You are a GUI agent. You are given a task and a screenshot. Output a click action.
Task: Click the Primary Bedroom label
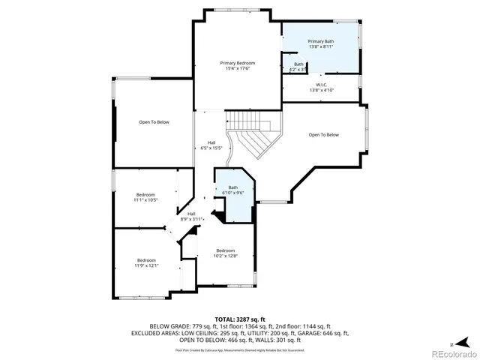click(237, 63)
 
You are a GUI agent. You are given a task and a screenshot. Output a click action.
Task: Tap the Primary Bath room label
click(321, 40)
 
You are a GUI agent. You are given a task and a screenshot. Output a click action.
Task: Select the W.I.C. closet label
click(321, 85)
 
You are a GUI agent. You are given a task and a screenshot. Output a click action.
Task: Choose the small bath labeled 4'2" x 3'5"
click(298, 67)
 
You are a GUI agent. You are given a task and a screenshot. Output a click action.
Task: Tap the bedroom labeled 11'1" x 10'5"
click(145, 197)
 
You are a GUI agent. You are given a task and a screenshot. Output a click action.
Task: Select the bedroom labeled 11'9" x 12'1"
click(145, 262)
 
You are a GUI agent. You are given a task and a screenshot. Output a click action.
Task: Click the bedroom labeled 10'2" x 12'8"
click(226, 253)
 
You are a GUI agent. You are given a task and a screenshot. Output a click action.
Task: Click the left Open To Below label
click(154, 121)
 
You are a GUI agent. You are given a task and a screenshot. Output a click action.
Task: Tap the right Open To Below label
click(324, 135)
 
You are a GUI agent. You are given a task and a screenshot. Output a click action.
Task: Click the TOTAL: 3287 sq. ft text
click(240, 319)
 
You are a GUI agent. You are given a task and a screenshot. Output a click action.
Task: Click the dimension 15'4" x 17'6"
click(237, 69)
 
